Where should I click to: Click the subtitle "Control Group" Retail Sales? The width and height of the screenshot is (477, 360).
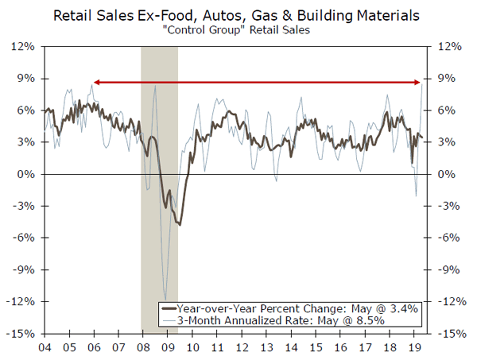[238, 30]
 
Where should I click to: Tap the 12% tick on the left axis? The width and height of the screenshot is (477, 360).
[25, 47]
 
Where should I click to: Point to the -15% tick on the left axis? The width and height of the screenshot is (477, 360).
[22, 334]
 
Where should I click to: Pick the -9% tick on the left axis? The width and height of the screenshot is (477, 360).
[25, 270]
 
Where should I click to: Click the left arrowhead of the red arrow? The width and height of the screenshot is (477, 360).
[95, 82]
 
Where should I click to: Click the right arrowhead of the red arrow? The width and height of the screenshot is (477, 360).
[419, 82]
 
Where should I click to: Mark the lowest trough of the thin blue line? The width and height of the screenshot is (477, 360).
[165, 299]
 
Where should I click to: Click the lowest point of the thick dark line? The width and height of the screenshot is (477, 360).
[180, 225]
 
